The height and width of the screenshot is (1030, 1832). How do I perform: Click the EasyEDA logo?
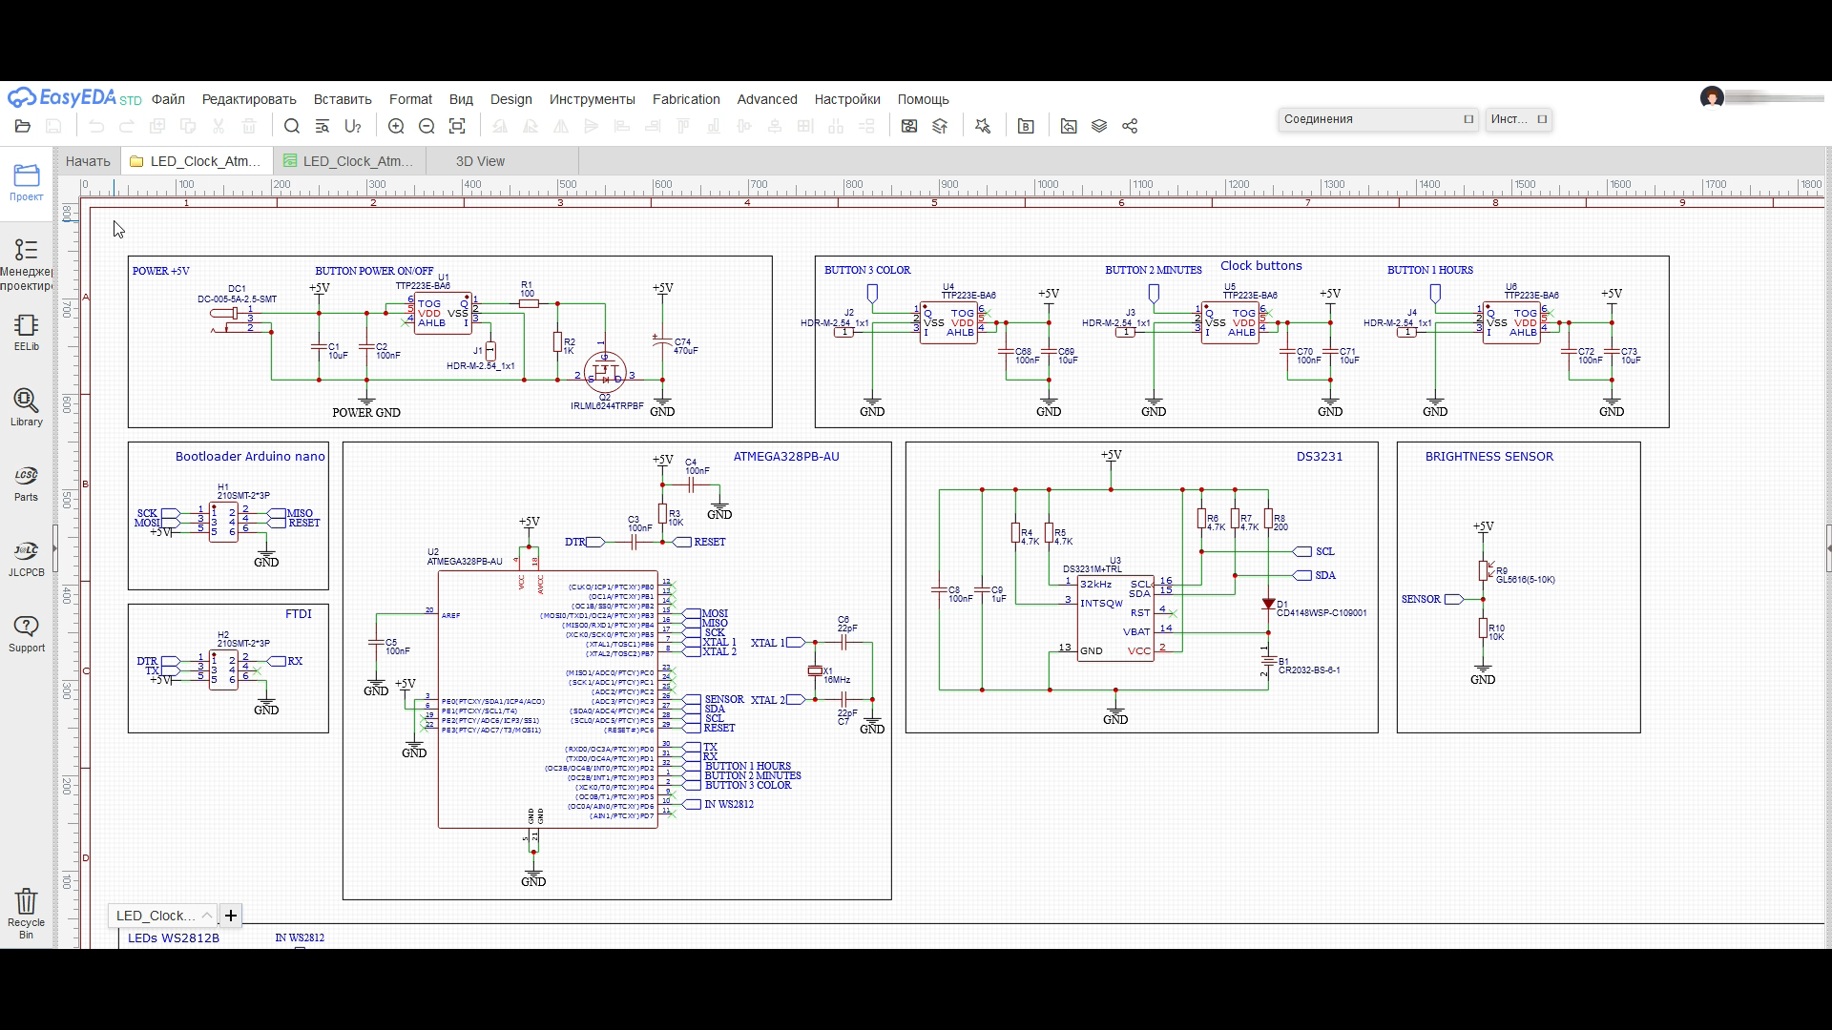[x=62, y=98]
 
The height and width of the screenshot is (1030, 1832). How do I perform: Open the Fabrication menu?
[x=686, y=99]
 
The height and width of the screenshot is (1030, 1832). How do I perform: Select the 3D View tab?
[x=480, y=161]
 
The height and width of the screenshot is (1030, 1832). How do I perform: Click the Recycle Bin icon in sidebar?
[x=26, y=902]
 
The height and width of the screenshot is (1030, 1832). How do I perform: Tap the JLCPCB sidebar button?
[x=26, y=558]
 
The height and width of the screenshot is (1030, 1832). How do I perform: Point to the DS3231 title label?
[x=1319, y=457]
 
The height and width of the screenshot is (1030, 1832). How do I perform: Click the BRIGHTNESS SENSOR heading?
[x=1488, y=457]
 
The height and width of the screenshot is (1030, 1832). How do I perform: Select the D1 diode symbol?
[x=1268, y=604]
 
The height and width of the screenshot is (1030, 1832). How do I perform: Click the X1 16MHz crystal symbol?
[x=815, y=671]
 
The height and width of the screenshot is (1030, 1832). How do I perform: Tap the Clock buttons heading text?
[x=1260, y=266]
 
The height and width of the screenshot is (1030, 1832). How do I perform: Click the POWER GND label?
[x=366, y=413]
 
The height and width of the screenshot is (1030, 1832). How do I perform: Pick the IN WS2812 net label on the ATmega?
[x=728, y=805]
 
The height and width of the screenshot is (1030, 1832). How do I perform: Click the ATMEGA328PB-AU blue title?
[x=786, y=457]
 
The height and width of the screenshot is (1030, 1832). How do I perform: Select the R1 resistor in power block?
[x=528, y=303]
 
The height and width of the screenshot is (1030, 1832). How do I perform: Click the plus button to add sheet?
[x=231, y=916]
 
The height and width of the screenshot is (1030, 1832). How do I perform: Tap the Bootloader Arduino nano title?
[x=250, y=457]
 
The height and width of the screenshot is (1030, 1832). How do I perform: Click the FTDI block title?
[x=298, y=614]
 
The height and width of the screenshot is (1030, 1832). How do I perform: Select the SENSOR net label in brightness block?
[x=1421, y=600]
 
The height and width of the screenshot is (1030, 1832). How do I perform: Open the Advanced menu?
[x=766, y=99]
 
